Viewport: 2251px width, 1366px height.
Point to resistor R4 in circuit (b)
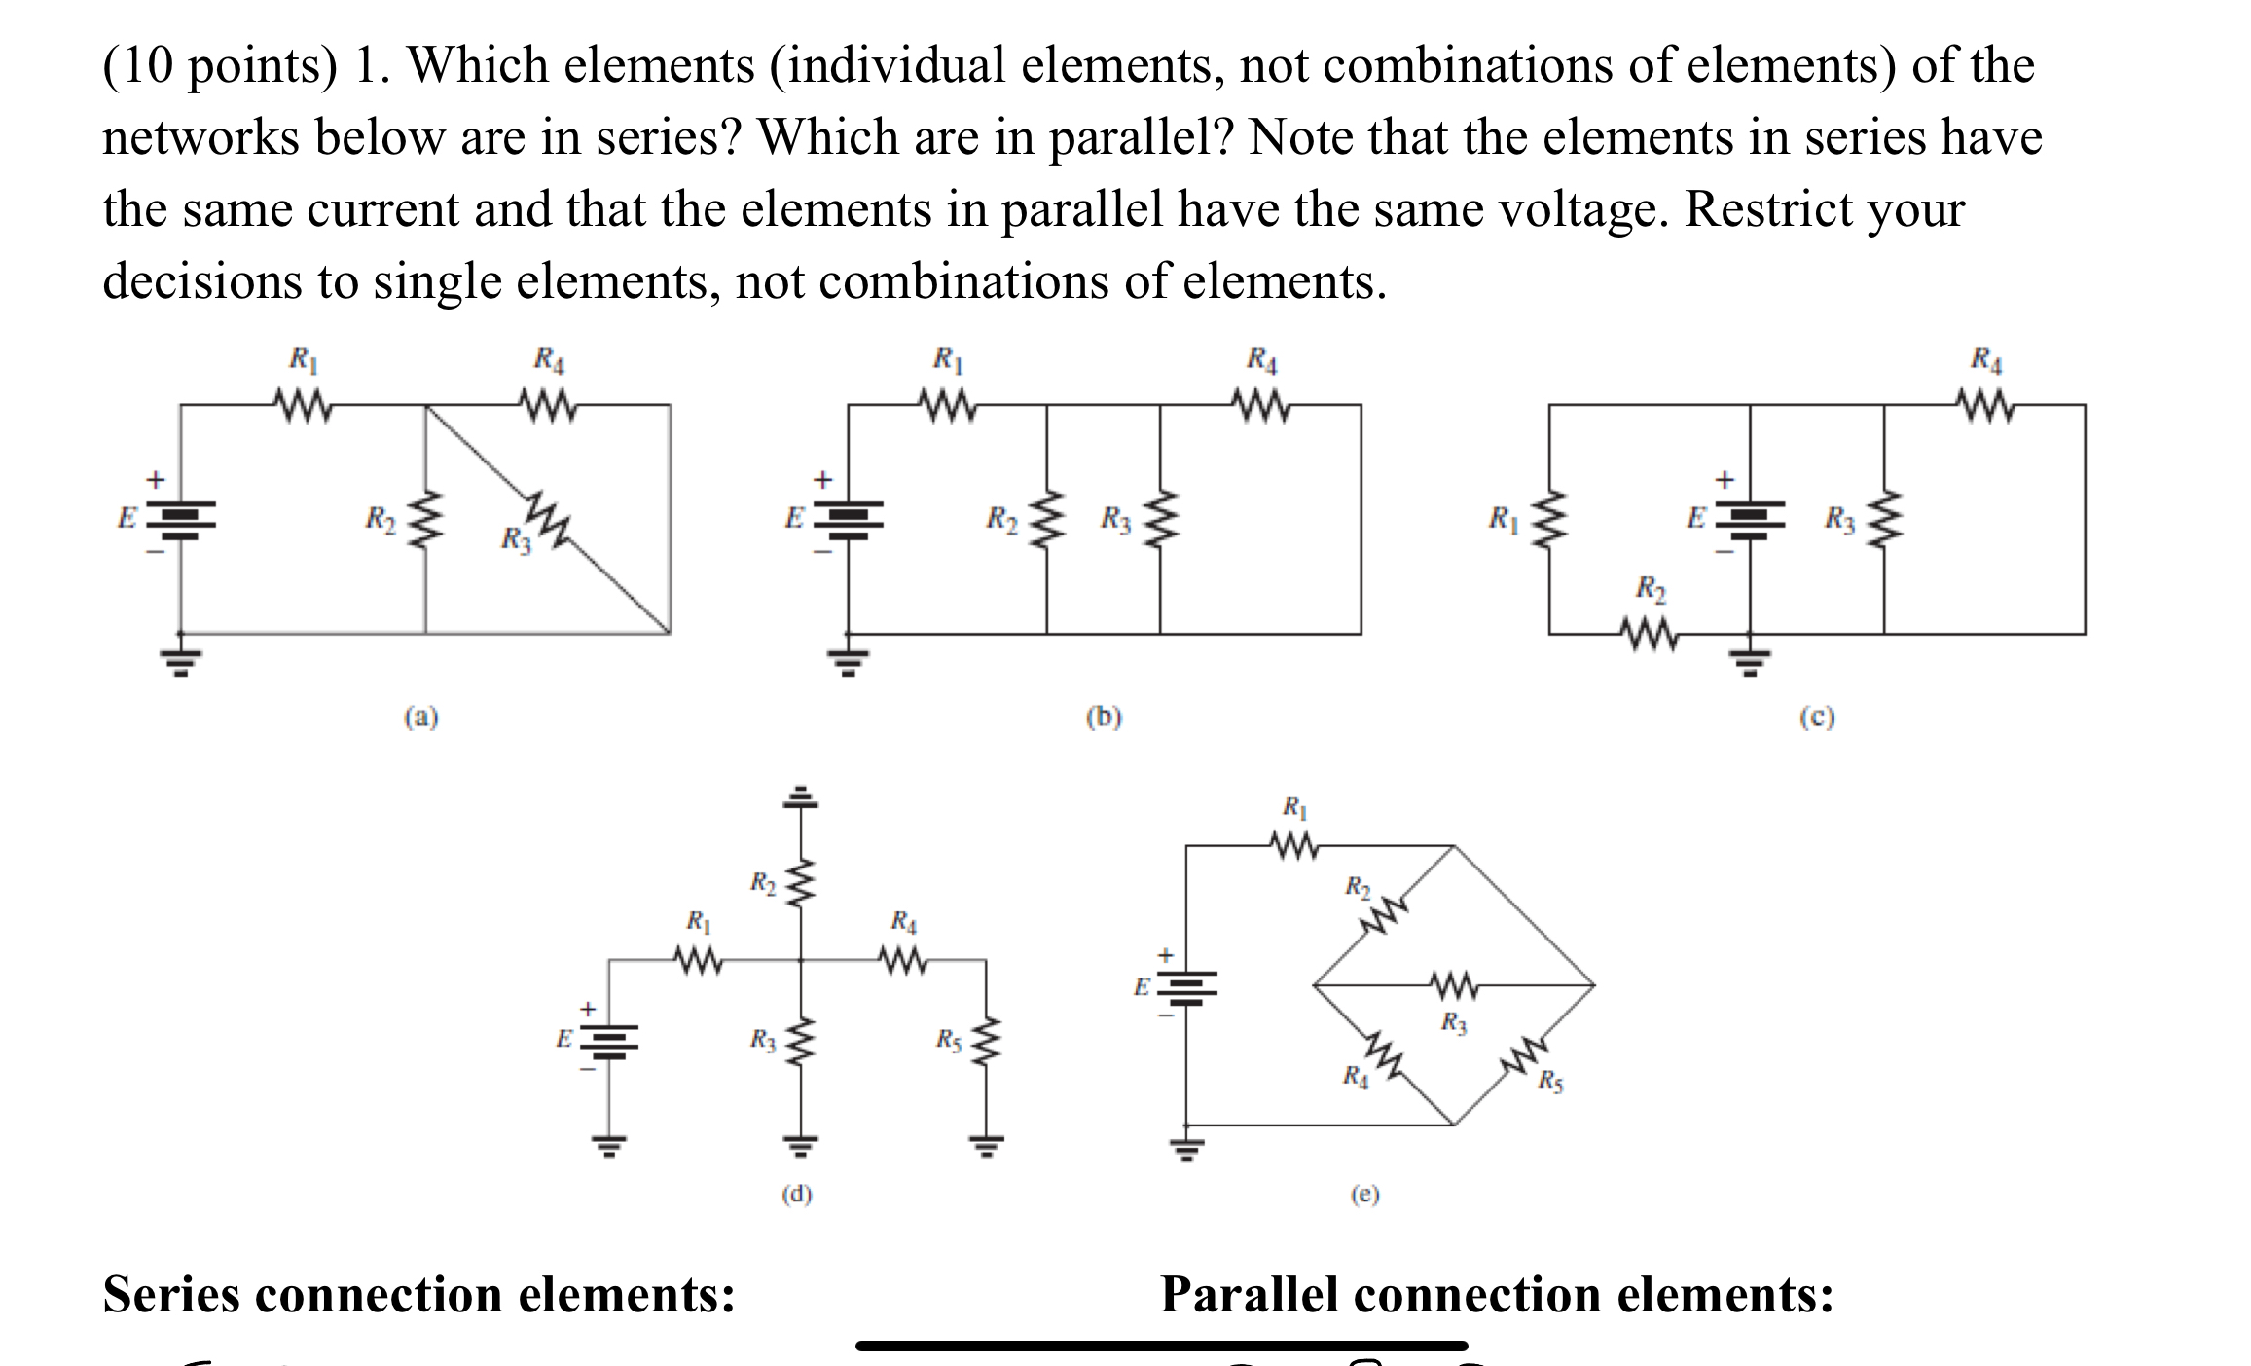tap(1261, 404)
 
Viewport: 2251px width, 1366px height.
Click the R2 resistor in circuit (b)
tap(1047, 518)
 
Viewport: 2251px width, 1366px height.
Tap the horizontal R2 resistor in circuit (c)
tap(1650, 635)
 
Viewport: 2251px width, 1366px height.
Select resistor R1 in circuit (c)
tap(1549, 519)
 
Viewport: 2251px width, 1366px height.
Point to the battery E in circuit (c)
tap(1750, 519)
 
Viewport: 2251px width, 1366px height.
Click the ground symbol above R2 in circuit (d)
tap(800, 798)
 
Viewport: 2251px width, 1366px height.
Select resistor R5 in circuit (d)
tap(986, 1043)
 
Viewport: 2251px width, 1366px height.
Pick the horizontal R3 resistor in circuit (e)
tap(1454, 985)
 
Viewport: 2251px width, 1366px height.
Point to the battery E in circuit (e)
tap(1186, 987)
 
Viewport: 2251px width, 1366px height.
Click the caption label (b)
tap(1104, 718)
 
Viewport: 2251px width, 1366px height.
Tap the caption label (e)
tap(1364, 1195)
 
